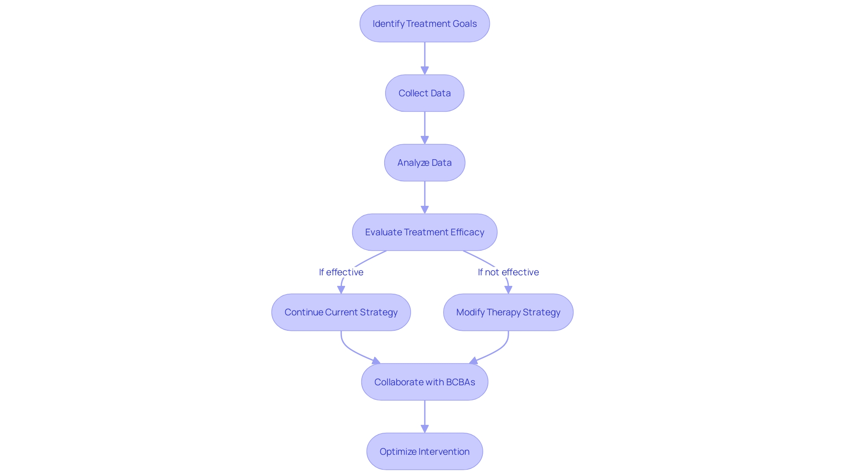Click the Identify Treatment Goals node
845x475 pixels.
click(424, 24)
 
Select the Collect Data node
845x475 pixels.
click(424, 93)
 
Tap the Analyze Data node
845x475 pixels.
click(424, 163)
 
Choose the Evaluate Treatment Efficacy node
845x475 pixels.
click(424, 232)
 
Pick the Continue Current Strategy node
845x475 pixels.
click(341, 312)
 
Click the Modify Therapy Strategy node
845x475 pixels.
click(508, 312)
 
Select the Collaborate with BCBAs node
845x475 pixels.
click(424, 382)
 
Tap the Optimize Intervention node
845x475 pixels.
click(424, 451)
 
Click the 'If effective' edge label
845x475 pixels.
click(341, 272)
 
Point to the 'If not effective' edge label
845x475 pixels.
click(508, 272)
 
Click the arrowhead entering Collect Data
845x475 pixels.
click(425, 70)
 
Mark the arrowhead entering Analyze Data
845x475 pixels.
click(425, 140)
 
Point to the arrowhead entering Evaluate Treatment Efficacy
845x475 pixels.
click(425, 209)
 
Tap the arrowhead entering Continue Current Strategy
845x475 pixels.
click(341, 289)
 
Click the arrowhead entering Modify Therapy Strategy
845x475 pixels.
click(508, 289)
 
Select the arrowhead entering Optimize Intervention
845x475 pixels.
click(425, 428)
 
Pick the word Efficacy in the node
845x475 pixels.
click(467, 232)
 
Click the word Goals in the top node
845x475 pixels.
click(464, 24)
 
